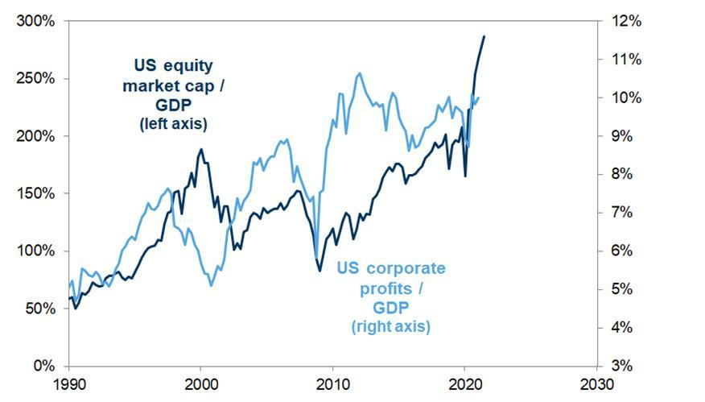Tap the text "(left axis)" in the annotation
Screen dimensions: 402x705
[173, 124]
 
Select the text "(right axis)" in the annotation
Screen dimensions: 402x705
[390, 326]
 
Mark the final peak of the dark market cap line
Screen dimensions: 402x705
[484, 36]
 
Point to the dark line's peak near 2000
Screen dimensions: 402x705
[201, 149]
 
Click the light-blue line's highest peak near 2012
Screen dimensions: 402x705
[359, 73]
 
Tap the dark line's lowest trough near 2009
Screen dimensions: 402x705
[320, 270]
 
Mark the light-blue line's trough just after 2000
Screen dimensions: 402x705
[211, 285]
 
